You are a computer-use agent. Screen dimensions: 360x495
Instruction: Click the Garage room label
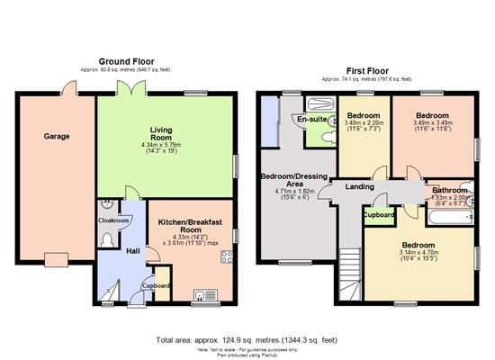[x=58, y=136]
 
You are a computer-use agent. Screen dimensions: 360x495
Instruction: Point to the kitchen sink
[x=199, y=294]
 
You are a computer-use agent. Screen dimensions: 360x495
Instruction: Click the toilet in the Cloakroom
[x=107, y=238]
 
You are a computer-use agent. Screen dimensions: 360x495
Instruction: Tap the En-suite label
[x=311, y=119]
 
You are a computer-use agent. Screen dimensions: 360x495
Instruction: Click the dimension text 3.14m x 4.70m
[x=420, y=252]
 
